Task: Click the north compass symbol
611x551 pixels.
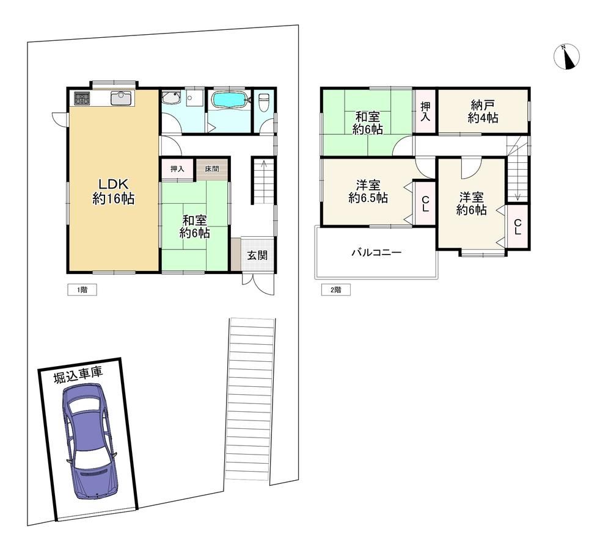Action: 566,57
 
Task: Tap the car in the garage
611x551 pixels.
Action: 90,441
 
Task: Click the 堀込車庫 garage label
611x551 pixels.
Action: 78,375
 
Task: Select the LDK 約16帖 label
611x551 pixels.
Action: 114,191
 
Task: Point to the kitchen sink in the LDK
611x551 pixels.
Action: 122,98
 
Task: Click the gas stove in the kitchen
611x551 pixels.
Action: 82,98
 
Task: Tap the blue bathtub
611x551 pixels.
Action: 230,100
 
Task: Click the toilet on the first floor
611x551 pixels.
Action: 263,102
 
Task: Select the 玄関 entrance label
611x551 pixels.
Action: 257,255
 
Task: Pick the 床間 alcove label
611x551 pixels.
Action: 212,169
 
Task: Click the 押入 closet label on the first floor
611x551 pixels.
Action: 177,169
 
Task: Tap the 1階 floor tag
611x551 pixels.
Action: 82,290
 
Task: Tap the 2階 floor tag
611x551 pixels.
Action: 335,290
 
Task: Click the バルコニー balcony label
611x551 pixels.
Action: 376,253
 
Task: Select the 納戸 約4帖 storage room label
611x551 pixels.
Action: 483,111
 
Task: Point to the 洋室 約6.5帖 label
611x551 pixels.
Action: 368,191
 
